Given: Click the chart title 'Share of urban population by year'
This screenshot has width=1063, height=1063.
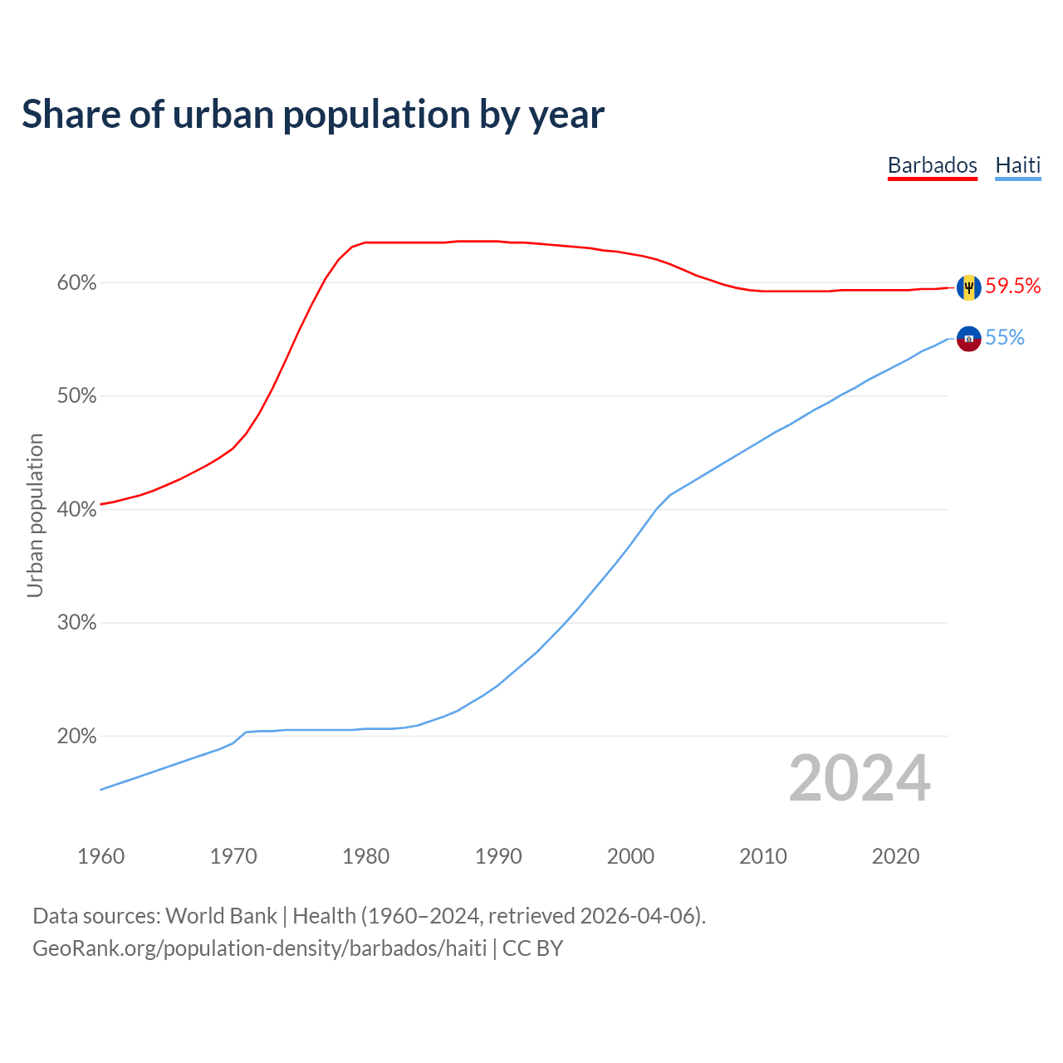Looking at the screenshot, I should pos(313,115).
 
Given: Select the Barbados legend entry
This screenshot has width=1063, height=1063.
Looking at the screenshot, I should pos(932,165).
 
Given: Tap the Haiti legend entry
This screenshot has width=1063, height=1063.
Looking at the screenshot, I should pos(1017,165).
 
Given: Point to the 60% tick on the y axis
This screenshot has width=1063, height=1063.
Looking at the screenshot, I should pos(77,283).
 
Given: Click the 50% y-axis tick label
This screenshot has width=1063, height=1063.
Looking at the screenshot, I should pos(77,396).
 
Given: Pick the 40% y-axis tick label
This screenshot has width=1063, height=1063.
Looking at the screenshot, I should pos(77,509).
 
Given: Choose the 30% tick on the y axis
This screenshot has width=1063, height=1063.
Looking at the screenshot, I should pos(77,623).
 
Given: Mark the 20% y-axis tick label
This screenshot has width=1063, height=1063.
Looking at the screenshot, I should pos(77,736).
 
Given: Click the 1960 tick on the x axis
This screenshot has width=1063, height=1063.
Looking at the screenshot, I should pos(100,856).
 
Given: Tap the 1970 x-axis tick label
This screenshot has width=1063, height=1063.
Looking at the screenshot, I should pos(233,856).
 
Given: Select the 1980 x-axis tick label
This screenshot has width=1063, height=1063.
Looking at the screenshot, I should pos(365,856).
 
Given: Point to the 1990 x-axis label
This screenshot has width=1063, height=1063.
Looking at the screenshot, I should pos(498,856).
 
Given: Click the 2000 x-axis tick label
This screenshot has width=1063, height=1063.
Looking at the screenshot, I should pos(630,856).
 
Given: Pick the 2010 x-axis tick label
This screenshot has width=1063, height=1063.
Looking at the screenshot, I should pos(763,856).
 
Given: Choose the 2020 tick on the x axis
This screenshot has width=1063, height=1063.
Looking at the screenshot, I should pos(895,856).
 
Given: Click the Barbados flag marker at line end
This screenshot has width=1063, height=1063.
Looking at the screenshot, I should pos(968,287).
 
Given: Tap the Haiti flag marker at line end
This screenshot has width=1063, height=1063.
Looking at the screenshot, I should pos(968,339).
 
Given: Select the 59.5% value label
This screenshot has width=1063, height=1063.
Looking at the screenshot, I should pos(1012,287).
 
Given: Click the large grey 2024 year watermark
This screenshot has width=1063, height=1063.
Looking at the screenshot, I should pos(860,778).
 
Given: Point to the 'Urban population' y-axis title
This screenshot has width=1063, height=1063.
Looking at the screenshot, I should pos(35,515).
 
